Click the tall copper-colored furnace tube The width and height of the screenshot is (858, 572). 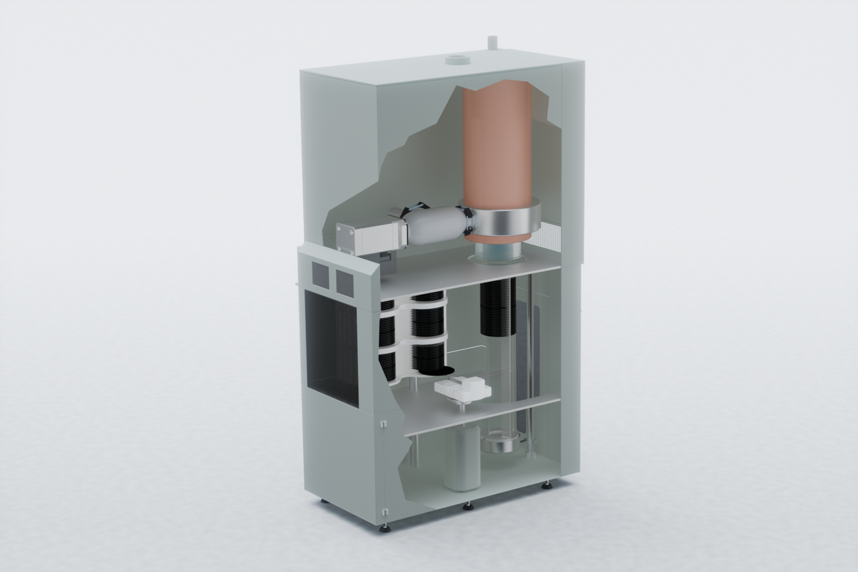pyautogui.click(x=496, y=147)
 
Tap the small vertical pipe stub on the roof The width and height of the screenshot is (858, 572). pyautogui.click(x=490, y=42)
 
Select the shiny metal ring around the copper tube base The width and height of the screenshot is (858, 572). pyautogui.click(x=506, y=221)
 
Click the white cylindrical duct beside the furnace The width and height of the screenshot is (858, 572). pyautogui.click(x=435, y=225)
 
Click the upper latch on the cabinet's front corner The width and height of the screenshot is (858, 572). pyautogui.click(x=383, y=423)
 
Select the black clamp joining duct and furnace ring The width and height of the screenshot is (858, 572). pyautogui.click(x=469, y=221)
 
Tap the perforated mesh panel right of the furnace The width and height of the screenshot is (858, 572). pyautogui.click(x=550, y=237)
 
